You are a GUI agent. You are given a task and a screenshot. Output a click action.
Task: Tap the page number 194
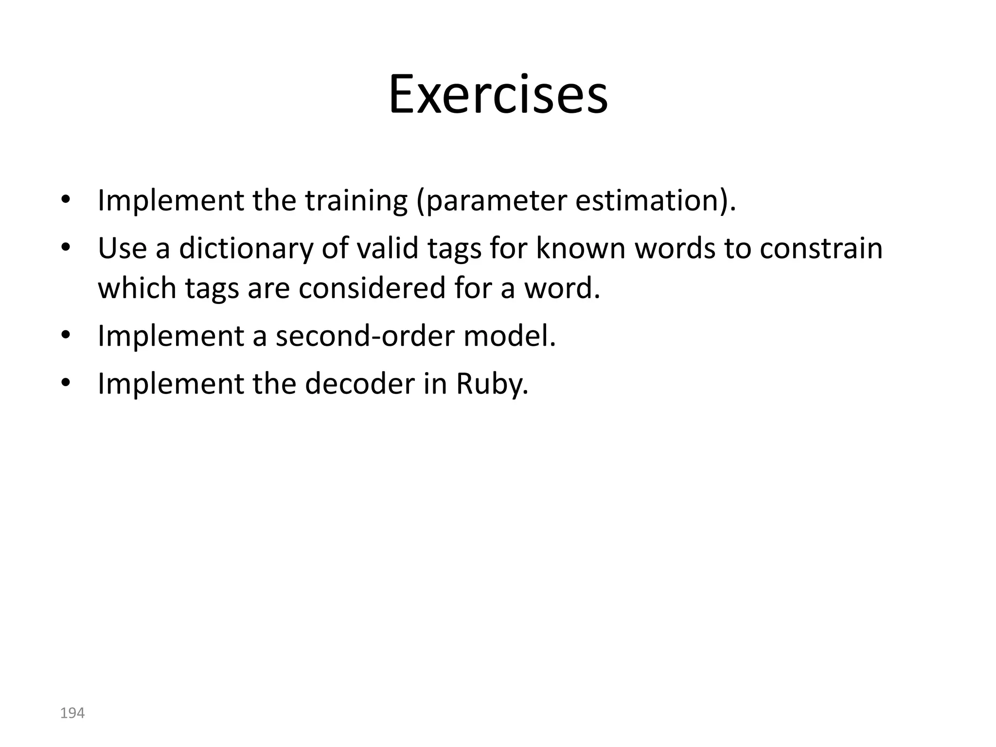pos(72,713)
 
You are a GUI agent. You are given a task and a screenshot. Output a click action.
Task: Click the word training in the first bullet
pos(356,200)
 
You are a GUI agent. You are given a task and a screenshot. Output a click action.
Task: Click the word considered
pos(372,287)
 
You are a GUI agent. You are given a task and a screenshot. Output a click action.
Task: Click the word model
pos(509,336)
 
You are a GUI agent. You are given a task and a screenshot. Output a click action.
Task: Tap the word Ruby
pos(492,384)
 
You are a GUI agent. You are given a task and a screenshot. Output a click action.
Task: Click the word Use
pos(122,248)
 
